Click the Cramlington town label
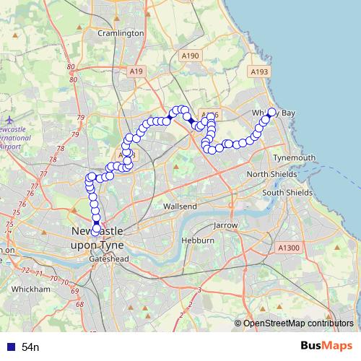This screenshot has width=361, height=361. point(121,33)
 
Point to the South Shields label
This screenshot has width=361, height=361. point(287,193)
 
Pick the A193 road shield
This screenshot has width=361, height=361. point(259,71)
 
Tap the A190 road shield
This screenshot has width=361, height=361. point(191,56)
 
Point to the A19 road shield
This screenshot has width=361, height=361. point(137,70)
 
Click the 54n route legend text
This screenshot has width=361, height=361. point(30,347)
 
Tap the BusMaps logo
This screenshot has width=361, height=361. point(327,346)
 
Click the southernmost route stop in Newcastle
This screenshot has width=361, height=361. point(96,230)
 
